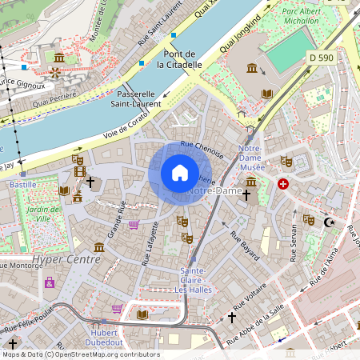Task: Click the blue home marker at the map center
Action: tap(180, 173)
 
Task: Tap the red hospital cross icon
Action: tap(282, 184)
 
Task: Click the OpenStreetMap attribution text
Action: tap(80, 354)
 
